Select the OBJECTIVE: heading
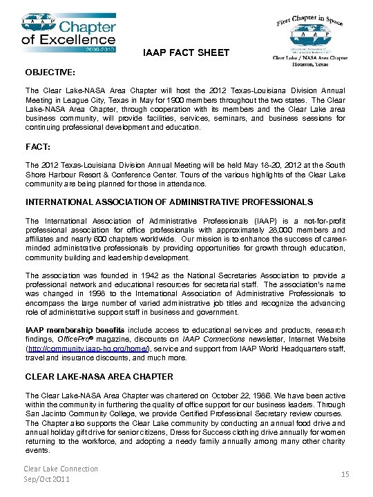pyautogui.click(x=50, y=72)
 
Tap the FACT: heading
pyautogui.click(x=37, y=147)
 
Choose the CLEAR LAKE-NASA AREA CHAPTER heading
pyautogui.click(x=99, y=377)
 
